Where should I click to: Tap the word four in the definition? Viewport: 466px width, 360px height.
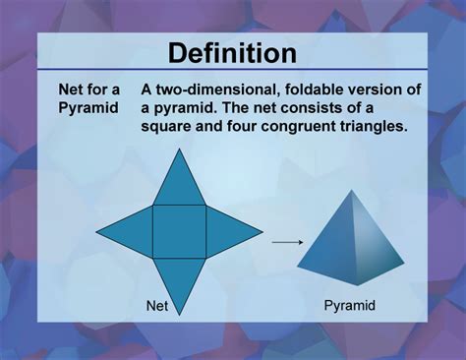coord(255,128)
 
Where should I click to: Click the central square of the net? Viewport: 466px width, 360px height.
coord(179,233)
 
